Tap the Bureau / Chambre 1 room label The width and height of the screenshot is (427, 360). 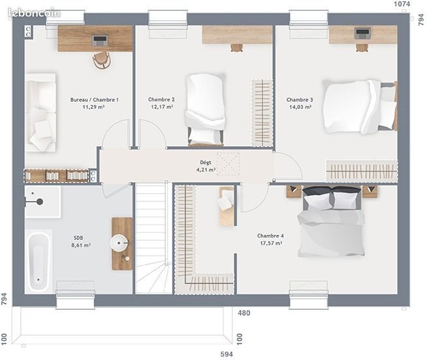[94, 100]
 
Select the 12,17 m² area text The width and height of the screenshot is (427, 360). [161, 107]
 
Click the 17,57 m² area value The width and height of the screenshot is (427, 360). [270, 243]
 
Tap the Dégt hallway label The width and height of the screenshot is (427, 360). [206, 162]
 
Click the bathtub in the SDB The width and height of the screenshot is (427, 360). [39, 260]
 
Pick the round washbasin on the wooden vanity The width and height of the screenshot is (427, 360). [120, 244]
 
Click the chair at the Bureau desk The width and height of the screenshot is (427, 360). [101, 60]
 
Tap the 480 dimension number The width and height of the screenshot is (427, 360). [244, 313]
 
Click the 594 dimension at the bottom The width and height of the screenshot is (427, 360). [225, 354]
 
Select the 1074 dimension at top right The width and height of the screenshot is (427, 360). [402, 5]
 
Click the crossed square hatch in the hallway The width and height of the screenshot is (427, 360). [229, 164]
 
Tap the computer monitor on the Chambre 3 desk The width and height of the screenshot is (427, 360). [362, 33]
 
